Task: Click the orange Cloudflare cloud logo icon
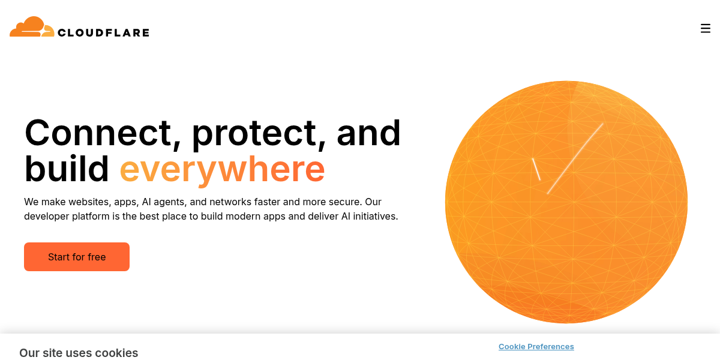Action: (x=32, y=27)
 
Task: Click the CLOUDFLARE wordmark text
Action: (x=103, y=32)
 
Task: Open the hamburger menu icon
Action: (x=706, y=28)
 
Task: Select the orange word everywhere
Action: (x=222, y=169)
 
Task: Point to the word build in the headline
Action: (x=67, y=169)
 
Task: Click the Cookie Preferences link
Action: (x=536, y=346)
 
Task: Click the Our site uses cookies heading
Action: (x=79, y=353)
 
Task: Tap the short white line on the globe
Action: (x=536, y=169)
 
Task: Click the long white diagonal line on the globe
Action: (x=575, y=158)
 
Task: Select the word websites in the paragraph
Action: (x=86, y=202)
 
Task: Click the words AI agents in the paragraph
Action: (x=163, y=202)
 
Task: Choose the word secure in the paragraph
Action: (x=345, y=202)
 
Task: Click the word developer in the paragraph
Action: (x=46, y=216)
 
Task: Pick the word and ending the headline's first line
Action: (x=368, y=133)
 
